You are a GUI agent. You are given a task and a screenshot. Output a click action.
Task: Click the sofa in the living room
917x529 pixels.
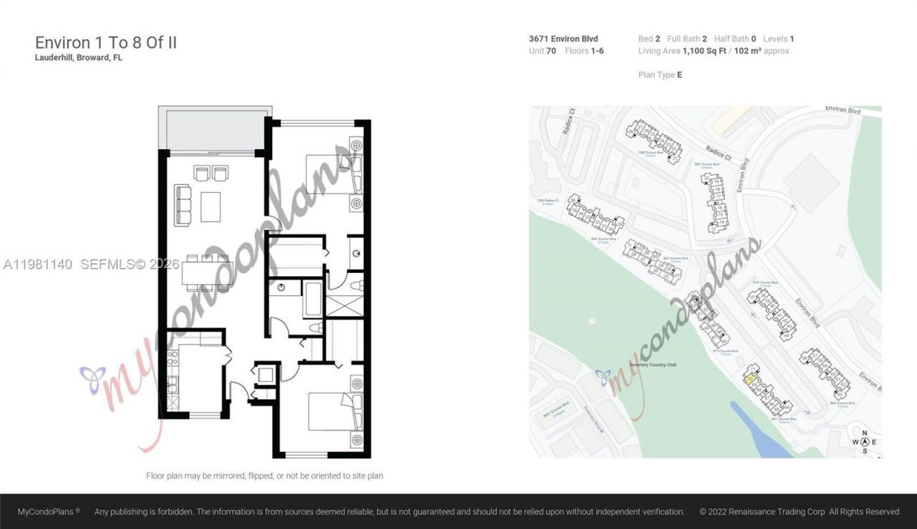[183, 205]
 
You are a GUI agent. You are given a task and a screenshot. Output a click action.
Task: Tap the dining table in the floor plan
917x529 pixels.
[207, 273]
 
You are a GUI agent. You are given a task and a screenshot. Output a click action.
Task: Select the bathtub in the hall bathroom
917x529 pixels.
[313, 299]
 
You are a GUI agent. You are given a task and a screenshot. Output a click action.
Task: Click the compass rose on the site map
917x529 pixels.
[865, 442]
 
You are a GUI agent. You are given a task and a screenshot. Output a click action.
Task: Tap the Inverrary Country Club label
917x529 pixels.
[653, 365]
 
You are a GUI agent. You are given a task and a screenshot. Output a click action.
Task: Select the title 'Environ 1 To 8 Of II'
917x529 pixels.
[106, 42]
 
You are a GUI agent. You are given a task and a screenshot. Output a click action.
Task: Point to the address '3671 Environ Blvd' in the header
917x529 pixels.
[563, 39]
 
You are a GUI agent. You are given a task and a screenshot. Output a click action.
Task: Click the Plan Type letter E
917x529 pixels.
[679, 75]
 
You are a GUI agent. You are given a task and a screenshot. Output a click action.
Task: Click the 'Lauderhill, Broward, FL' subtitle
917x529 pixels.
[79, 57]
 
